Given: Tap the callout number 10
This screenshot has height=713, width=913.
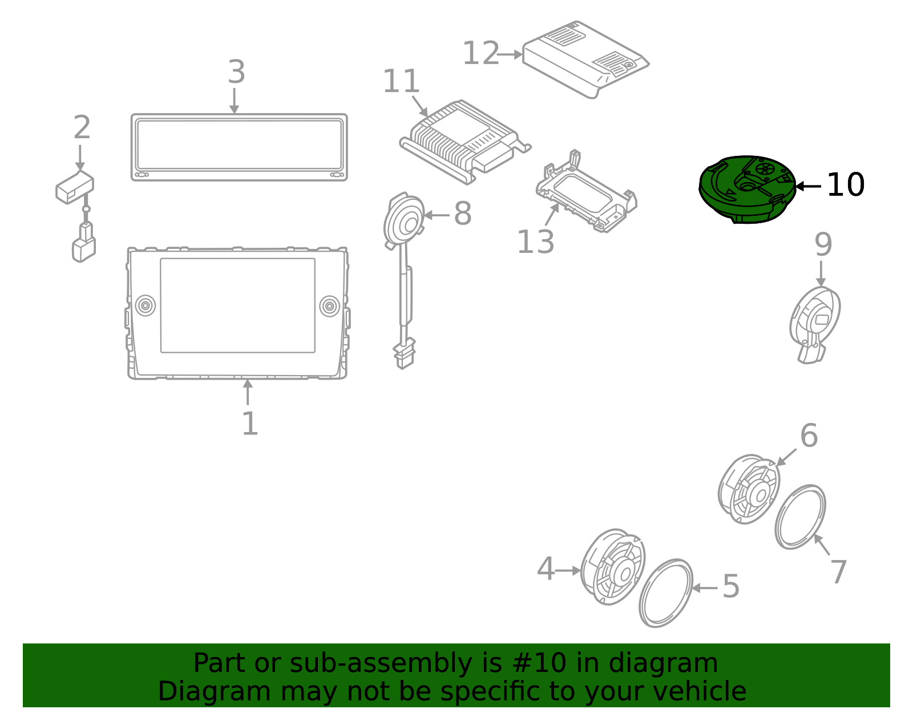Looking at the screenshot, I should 845,185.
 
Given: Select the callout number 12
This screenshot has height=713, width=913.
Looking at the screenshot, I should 480,54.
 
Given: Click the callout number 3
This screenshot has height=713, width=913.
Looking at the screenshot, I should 236,72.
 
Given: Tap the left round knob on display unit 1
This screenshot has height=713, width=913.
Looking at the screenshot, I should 146,305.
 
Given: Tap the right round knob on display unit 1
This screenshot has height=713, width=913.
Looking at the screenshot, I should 329,305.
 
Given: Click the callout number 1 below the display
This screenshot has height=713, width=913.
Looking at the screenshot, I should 249,424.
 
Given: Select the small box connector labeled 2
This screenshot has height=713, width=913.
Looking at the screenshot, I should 75,186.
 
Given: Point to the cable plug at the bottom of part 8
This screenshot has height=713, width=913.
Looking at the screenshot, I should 404,355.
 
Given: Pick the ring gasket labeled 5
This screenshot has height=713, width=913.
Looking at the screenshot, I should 665,593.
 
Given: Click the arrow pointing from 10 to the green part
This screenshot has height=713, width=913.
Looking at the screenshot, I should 808,186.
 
